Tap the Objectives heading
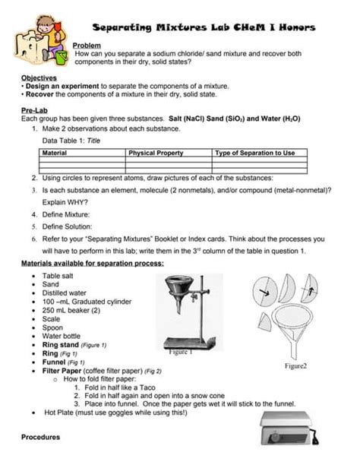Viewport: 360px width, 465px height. pyautogui.click(x=38, y=78)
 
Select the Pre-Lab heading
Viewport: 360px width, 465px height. pyautogui.click(x=33, y=111)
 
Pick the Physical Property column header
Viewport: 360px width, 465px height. pyautogui.click(x=156, y=153)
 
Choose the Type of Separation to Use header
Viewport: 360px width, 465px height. pyautogui.click(x=254, y=153)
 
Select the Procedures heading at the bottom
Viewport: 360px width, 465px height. pyautogui.click(x=40, y=438)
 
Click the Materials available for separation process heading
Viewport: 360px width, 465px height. pyautogui.click(x=92, y=263)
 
